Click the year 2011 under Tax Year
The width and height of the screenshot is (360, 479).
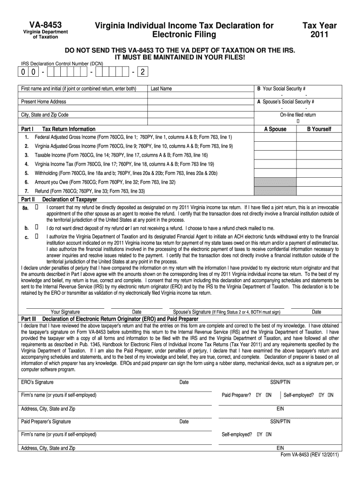319,35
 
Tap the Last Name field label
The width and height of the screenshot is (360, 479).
161,88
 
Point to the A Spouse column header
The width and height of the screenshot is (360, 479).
275,129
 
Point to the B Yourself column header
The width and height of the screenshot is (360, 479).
319,129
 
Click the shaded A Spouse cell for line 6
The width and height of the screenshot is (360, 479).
275,182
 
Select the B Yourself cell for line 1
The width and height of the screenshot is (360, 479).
319,137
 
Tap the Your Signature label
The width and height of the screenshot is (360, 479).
65,312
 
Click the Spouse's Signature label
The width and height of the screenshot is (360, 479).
192,312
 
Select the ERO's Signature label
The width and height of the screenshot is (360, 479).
37,382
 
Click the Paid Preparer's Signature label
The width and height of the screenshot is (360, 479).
46,421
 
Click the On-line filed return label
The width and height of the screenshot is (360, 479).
298,115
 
